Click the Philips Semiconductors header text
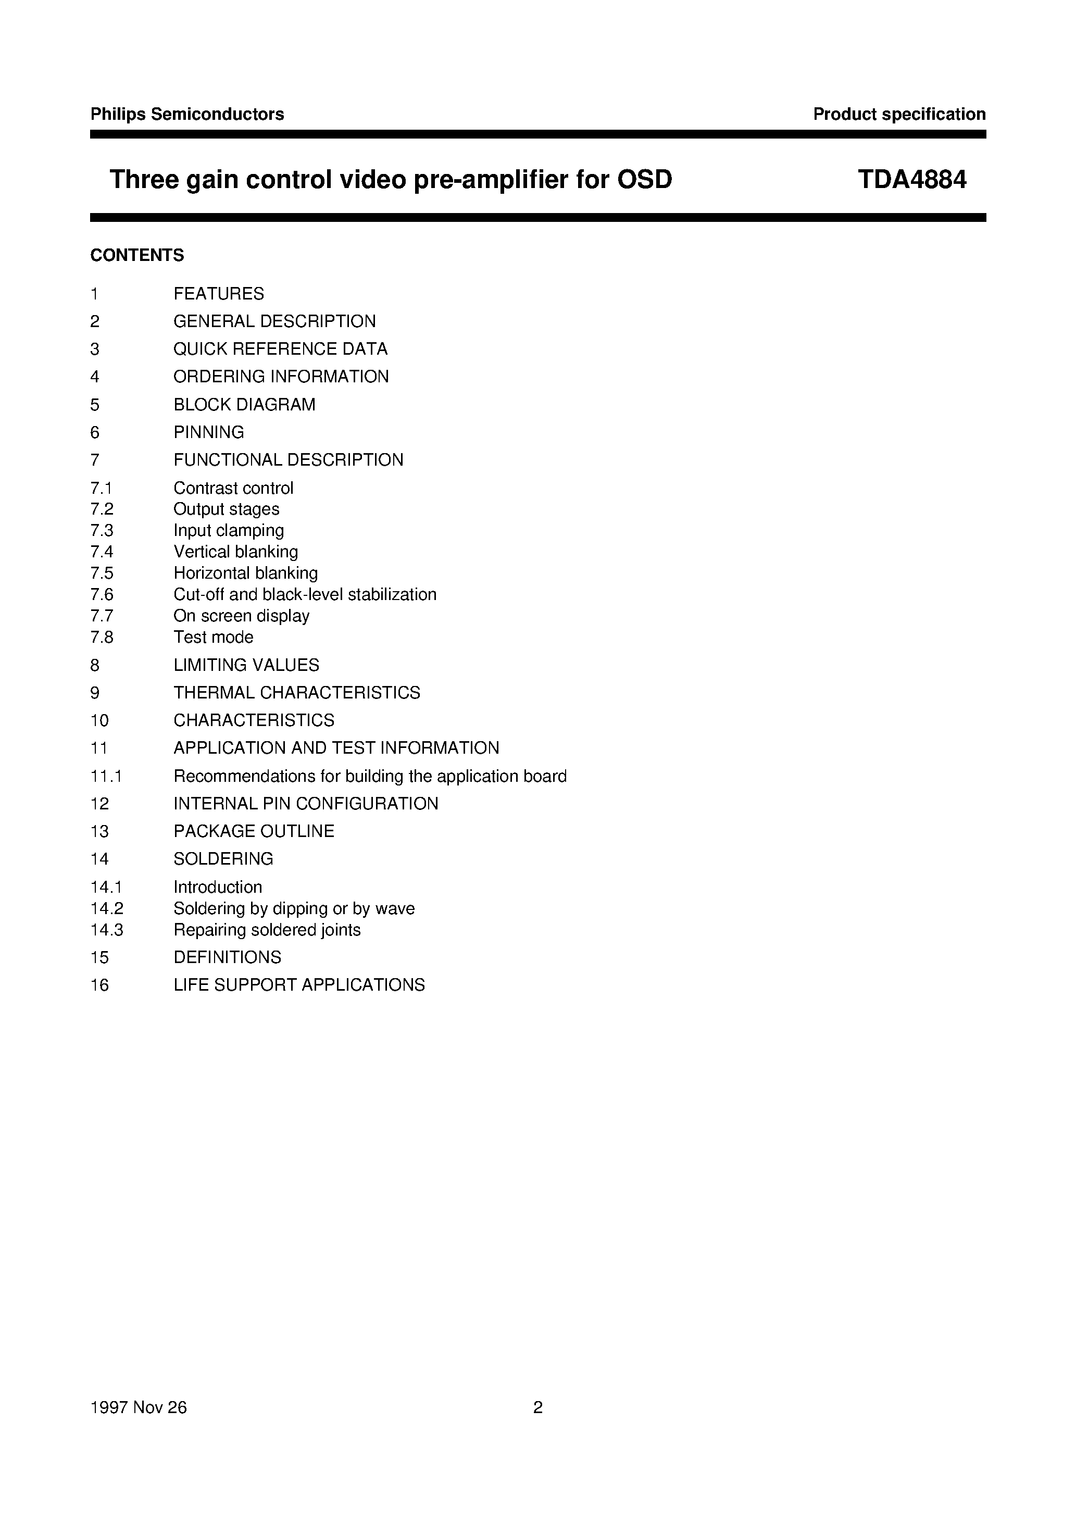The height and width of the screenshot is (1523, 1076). click(x=187, y=114)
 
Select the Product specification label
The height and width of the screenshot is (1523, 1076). click(x=899, y=114)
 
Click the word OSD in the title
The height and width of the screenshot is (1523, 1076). click(x=645, y=179)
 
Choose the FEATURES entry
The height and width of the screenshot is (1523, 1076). click(x=218, y=294)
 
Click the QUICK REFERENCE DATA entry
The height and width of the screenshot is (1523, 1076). click(x=280, y=349)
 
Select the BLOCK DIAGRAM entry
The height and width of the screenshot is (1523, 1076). click(x=244, y=405)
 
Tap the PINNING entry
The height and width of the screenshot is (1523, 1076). click(x=208, y=432)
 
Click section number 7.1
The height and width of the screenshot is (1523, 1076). click(x=101, y=488)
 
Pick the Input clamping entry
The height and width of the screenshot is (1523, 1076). click(x=228, y=531)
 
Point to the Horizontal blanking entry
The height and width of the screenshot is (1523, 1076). click(x=245, y=573)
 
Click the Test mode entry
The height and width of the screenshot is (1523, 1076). click(x=213, y=638)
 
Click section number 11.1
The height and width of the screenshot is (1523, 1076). click(x=106, y=776)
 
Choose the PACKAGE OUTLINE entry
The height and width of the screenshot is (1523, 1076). click(x=254, y=831)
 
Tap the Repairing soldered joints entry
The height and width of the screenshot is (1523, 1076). click(x=267, y=930)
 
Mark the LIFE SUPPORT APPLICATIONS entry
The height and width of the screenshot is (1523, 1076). click(x=298, y=985)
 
